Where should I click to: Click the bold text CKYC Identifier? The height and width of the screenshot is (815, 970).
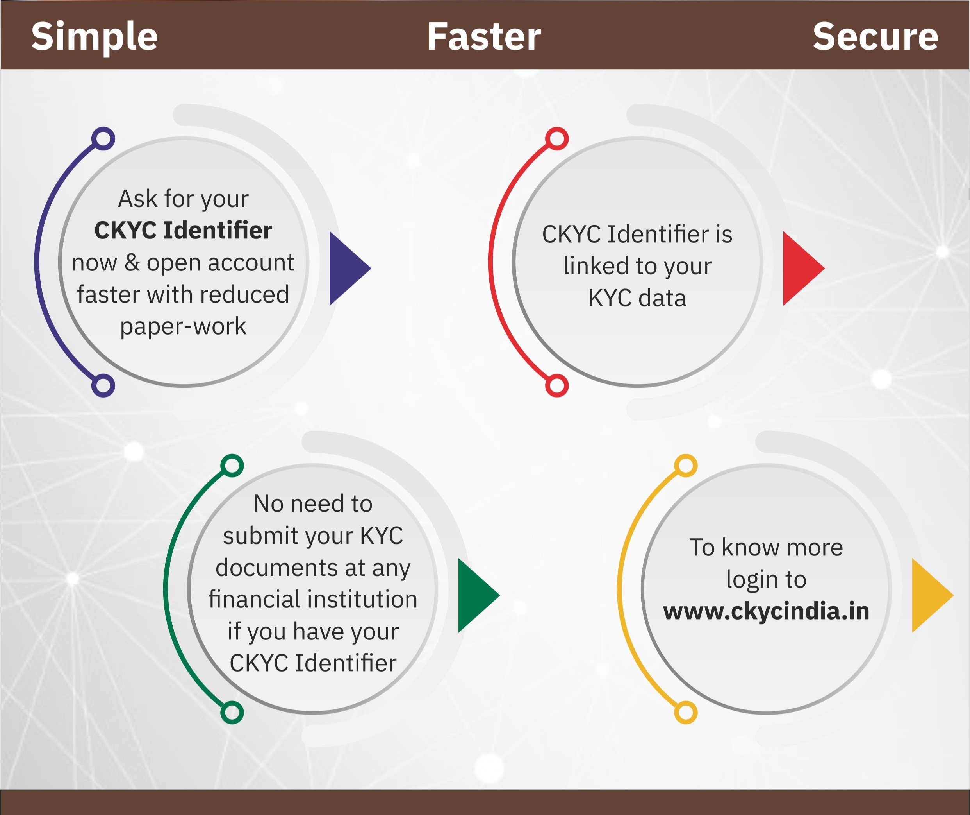184,230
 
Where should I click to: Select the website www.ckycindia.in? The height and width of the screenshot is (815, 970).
766,611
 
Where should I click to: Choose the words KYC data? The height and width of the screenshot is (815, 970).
637,298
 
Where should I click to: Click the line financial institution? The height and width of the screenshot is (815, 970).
313,600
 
